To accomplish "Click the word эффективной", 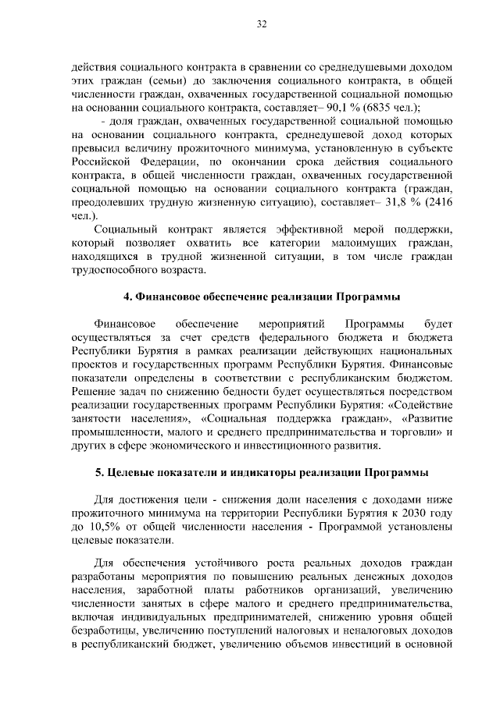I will click(x=301, y=229).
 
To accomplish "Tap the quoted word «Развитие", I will click(x=419, y=418).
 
